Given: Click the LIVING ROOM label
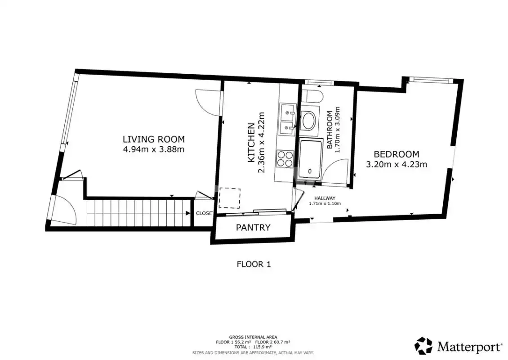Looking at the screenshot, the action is point(154,139).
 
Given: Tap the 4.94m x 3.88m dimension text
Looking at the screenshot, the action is point(154,149).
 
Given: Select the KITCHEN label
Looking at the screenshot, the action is point(251,143).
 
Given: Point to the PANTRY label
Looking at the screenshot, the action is point(253,227).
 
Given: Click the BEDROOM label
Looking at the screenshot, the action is point(396,154).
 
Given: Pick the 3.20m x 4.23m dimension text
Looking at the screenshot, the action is point(396,164).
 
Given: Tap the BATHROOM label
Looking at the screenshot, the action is point(330,130).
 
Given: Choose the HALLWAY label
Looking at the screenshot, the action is point(325,198).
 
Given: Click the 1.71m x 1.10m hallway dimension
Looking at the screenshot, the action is point(325,204).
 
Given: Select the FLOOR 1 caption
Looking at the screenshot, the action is point(254,264).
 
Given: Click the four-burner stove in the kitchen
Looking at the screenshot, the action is point(285,159).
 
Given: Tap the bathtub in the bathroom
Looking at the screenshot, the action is point(311,159).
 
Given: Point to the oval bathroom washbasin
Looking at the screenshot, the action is point(308,121).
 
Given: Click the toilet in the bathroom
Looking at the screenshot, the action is point(312,97).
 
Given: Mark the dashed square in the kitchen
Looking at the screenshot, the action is point(230,198).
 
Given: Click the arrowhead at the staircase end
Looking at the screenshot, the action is point(188,213).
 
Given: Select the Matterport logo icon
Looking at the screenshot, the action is point(423,346).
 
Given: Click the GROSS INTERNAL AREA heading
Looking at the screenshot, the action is point(253,337).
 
